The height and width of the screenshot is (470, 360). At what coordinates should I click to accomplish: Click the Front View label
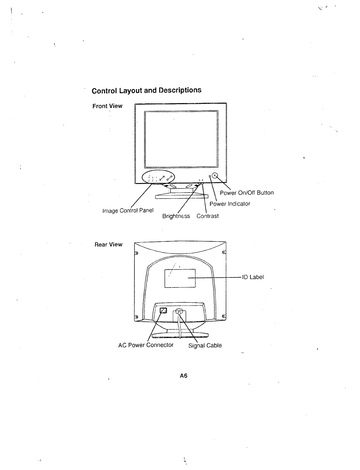[x=107, y=106]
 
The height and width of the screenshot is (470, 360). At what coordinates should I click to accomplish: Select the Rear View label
[x=108, y=244]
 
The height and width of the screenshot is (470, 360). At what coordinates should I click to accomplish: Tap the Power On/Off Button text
[x=247, y=193]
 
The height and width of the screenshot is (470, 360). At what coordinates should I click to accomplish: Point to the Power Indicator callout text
[x=230, y=204]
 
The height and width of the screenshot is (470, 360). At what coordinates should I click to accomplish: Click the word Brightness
[x=176, y=216]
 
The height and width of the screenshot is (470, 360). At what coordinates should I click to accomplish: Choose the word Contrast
[x=207, y=216]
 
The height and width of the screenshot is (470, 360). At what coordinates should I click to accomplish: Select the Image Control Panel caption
[x=128, y=211]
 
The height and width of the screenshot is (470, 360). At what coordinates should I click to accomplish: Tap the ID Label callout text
[x=253, y=277]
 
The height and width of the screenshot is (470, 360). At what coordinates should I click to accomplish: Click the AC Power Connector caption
[x=146, y=345]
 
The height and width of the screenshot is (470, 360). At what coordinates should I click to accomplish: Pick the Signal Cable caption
[x=205, y=345]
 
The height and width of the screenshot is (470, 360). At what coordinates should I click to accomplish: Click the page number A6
[x=184, y=376]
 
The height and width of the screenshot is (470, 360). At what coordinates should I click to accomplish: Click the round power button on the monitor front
[x=215, y=176]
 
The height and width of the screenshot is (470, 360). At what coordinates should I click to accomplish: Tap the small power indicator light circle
[x=210, y=177]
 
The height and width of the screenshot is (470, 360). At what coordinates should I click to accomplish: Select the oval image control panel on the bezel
[x=158, y=177]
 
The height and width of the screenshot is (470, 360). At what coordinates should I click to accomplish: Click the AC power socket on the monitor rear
[x=164, y=311]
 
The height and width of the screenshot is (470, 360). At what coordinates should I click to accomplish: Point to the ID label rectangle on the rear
[x=180, y=278]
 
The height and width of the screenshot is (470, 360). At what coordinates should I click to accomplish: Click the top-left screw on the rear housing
[x=137, y=253]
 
